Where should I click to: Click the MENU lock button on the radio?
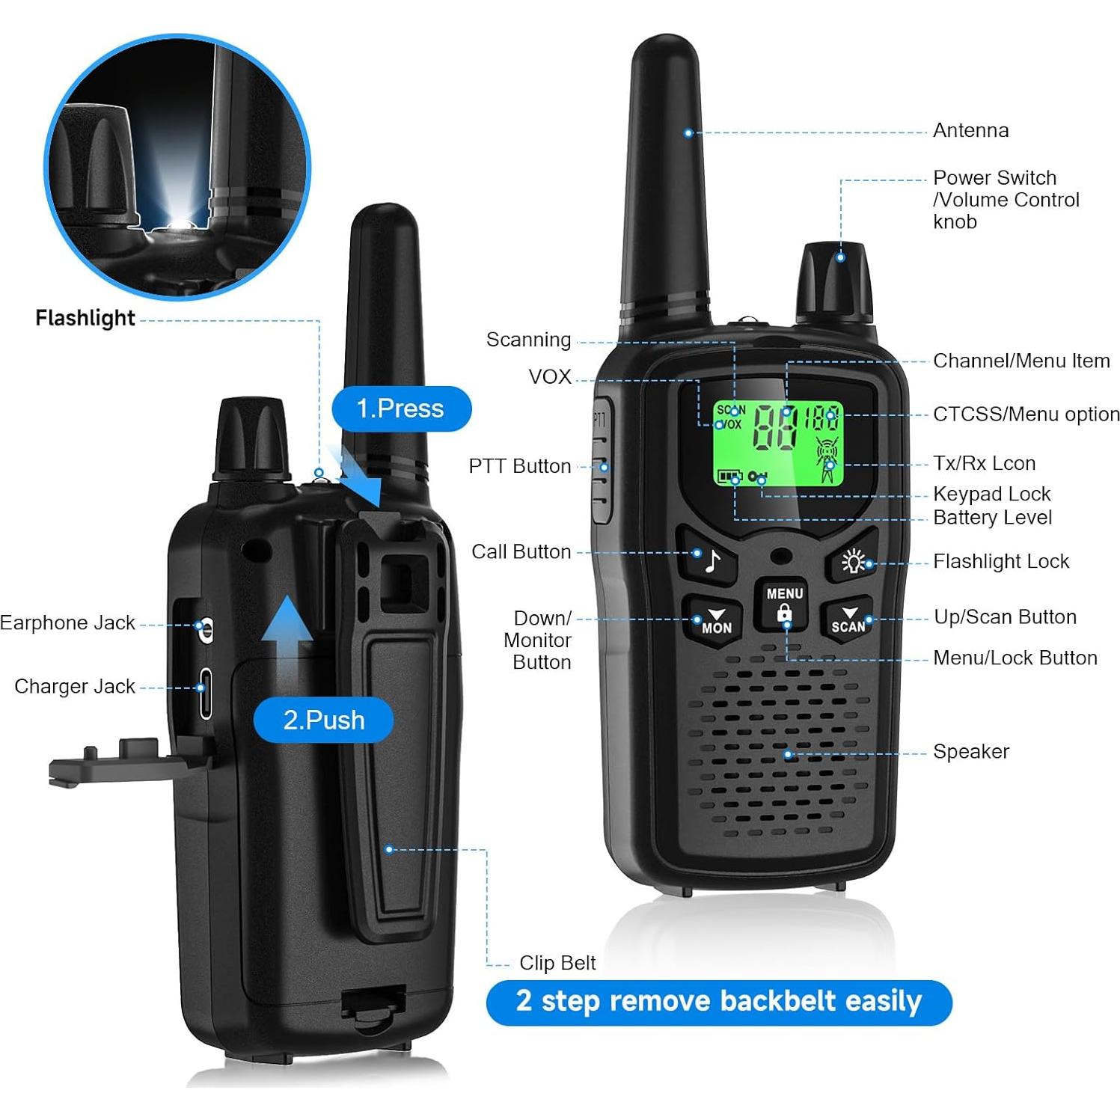(784, 605)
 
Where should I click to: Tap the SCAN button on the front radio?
(848, 619)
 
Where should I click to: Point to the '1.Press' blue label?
(401, 408)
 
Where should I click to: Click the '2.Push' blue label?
(323, 720)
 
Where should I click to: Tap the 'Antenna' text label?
(970, 130)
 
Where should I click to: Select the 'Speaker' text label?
(970, 751)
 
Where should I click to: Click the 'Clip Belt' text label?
(557, 963)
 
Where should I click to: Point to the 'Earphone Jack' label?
(67, 622)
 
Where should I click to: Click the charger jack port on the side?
(204, 694)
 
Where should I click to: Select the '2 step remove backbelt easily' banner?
(718, 1002)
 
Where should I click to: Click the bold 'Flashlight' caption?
(85, 318)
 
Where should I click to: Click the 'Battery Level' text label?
(992, 517)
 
